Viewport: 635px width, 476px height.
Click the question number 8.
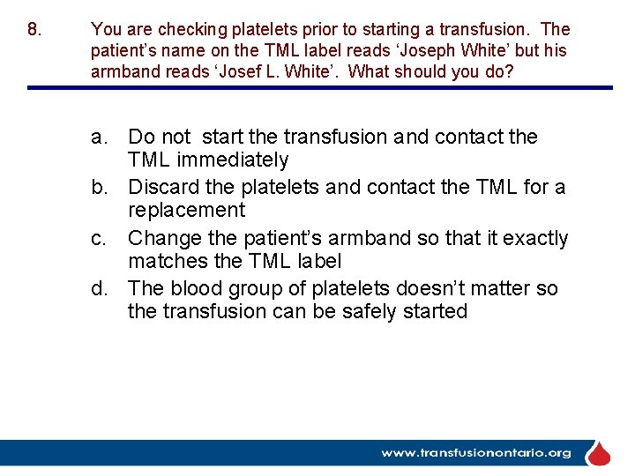[x=34, y=30]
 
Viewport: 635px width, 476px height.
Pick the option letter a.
[x=100, y=138]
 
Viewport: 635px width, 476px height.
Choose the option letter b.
[x=100, y=188]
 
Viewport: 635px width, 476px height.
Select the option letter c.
[x=100, y=239]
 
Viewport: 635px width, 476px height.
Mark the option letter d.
[x=100, y=289]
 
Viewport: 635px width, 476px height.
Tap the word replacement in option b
[x=186, y=211]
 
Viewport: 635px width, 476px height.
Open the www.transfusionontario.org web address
[x=475, y=453]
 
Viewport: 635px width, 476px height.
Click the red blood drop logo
[x=599, y=453]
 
